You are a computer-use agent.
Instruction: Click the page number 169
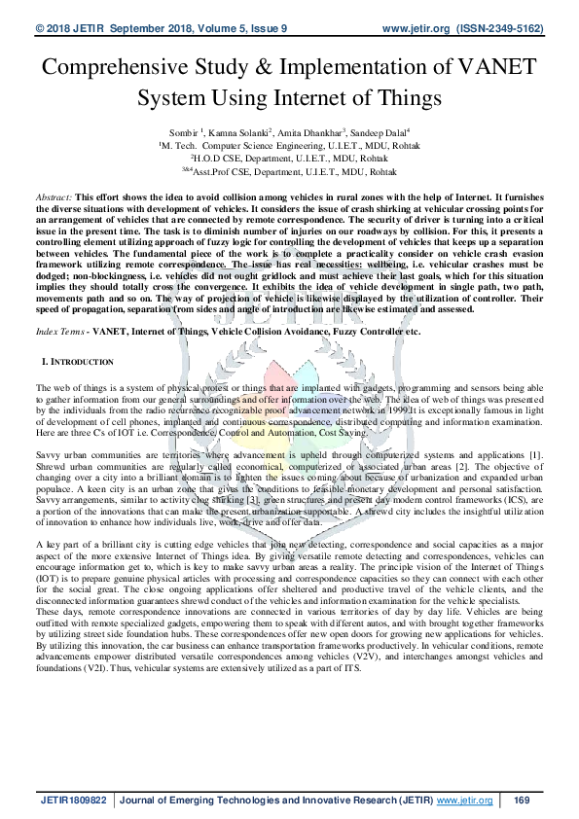521,800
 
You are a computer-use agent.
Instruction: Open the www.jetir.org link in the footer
465,800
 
